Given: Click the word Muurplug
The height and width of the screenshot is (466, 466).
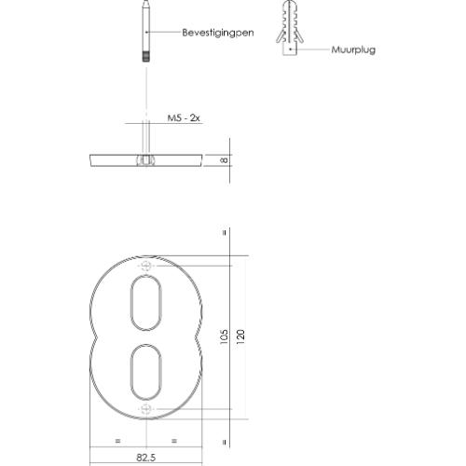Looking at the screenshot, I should click(x=353, y=50).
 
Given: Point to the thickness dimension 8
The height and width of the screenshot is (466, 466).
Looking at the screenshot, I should click(x=224, y=159).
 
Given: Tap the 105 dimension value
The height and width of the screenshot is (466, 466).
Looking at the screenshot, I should click(x=224, y=337).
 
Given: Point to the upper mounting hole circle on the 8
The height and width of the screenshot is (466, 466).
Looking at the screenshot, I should click(x=146, y=267).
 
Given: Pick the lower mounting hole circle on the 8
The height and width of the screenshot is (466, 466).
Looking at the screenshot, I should click(x=146, y=408).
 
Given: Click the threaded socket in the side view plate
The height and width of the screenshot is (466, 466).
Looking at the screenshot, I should click(x=145, y=159).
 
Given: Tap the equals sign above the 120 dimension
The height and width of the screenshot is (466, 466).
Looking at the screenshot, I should click(x=225, y=232).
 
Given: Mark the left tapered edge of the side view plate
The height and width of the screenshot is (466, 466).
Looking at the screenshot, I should click(x=90, y=159).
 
